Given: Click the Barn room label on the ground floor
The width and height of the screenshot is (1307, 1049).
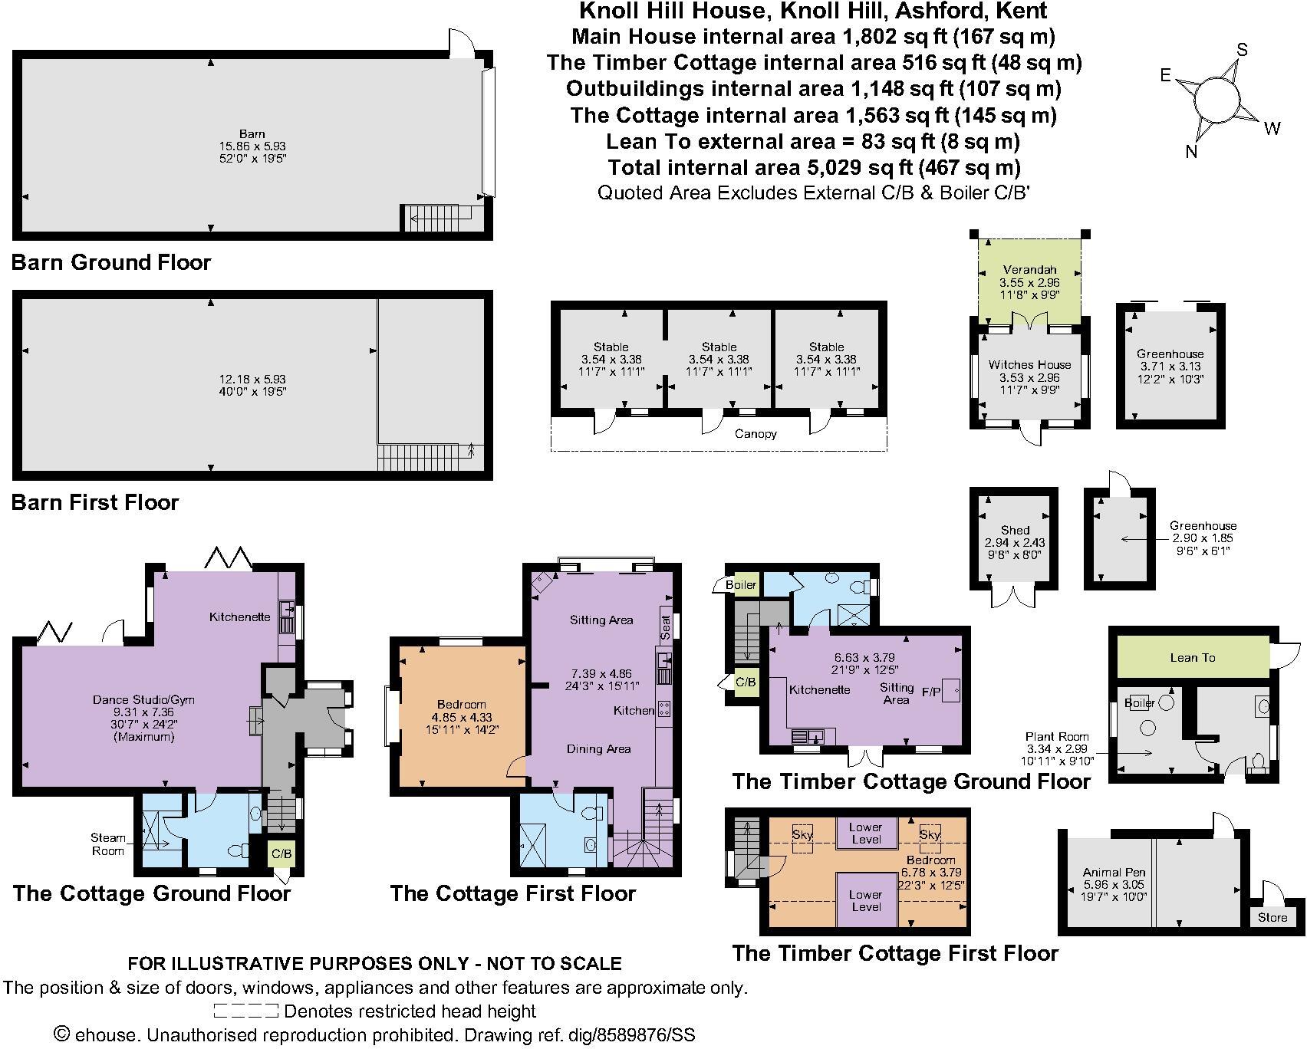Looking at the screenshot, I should coord(252,133).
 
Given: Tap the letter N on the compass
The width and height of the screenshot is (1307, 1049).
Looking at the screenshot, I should coord(1191,152).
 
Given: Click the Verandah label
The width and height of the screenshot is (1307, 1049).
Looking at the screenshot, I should coord(1029,270).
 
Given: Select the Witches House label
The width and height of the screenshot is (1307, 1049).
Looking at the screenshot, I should coord(1029,365).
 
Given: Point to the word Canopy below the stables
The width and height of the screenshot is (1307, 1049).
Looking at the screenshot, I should coord(756,434).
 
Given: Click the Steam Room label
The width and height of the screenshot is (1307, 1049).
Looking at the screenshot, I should coord(108,844).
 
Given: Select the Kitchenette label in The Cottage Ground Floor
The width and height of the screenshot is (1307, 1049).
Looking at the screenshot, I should coord(239,617).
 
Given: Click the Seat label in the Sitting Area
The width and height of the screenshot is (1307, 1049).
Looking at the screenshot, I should coord(666,627).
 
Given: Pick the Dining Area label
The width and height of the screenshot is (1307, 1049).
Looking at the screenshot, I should coord(598,748).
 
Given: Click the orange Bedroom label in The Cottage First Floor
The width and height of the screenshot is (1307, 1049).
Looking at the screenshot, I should coord(461,705).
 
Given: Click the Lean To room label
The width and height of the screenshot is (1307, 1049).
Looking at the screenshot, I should coord(1192,658).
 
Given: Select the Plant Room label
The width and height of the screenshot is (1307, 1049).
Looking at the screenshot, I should coord(1057,736).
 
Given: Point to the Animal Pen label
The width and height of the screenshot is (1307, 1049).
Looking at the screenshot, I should coord(1114,873).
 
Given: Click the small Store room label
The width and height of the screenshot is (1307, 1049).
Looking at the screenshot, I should coord(1272,917).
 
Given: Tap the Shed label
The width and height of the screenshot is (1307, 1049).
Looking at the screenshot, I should coord(1015,530).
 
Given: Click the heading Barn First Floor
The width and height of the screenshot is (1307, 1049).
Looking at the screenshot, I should coord(95,503).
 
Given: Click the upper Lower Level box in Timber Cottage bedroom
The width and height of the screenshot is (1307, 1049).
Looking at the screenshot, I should coord(865,833).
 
